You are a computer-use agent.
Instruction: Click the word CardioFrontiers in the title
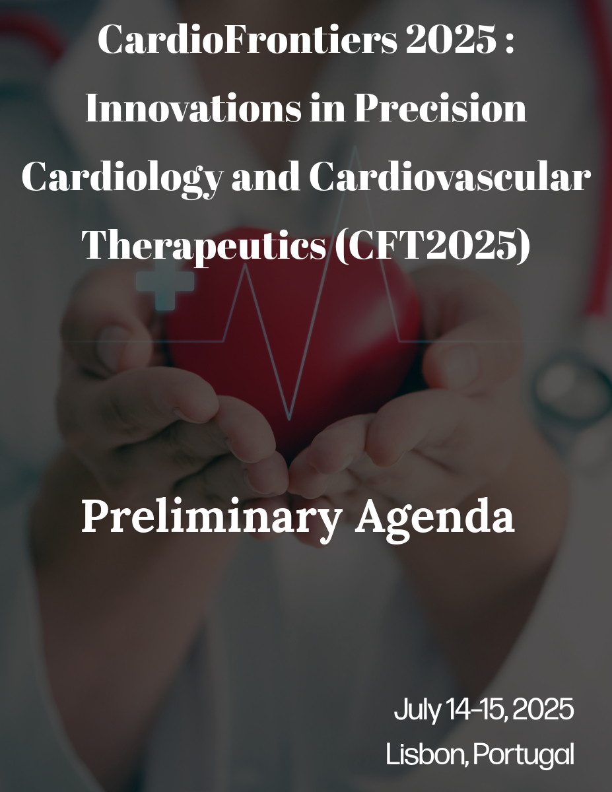[x=248, y=40]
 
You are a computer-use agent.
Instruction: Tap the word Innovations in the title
[x=193, y=108]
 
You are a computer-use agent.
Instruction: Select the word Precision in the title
[x=440, y=108]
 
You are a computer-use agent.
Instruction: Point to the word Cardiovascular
[x=450, y=177]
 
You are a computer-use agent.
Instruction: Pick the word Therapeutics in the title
[x=204, y=247]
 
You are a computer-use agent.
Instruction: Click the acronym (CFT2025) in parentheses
[x=432, y=246]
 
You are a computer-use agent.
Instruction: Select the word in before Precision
[x=327, y=109]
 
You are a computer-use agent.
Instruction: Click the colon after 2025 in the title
[x=510, y=43]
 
